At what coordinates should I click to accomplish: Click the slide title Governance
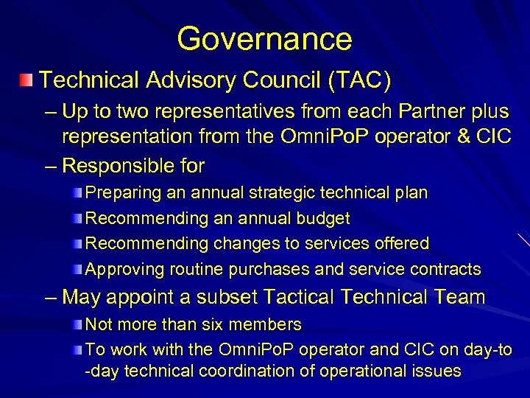pos(264,38)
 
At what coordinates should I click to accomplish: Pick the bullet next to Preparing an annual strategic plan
pos(78,192)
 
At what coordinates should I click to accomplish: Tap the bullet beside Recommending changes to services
pos(78,243)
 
